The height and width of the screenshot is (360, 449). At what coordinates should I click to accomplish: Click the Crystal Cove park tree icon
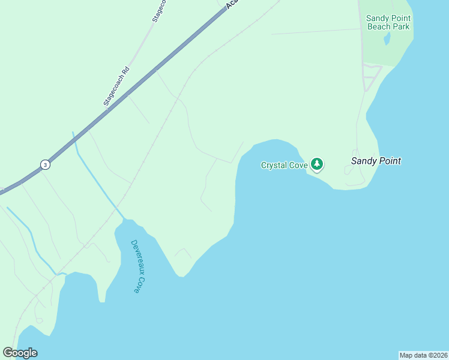pyautogui.click(x=317, y=164)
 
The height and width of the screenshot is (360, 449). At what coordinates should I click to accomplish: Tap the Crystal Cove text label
pyautogui.click(x=284, y=165)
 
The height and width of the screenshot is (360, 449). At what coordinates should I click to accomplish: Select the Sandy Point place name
pyautogui.click(x=376, y=161)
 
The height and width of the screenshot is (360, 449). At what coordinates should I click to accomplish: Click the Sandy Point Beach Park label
pyautogui.click(x=388, y=23)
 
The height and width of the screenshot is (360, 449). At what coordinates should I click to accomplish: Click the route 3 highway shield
pyautogui.click(x=45, y=164)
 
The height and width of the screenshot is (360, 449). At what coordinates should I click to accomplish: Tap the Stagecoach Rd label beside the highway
pyautogui.click(x=117, y=86)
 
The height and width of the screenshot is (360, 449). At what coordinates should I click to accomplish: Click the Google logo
pyautogui.click(x=20, y=353)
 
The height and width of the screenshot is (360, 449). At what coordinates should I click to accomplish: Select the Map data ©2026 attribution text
pyautogui.click(x=423, y=355)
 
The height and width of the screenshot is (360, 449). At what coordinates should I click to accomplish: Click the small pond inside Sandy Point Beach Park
pyautogui.click(x=387, y=40)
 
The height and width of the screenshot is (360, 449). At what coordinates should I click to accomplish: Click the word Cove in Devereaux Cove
pyautogui.click(x=137, y=284)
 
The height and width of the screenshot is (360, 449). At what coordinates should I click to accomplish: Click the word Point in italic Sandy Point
pyautogui.click(x=389, y=161)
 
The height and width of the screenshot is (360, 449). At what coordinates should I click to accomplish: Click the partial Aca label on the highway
pyautogui.click(x=232, y=5)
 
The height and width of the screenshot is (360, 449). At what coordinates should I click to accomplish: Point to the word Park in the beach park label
pyautogui.click(x=401, y=27)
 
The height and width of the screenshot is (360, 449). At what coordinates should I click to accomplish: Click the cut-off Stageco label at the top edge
pyautogui.click(x=158, y=11)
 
